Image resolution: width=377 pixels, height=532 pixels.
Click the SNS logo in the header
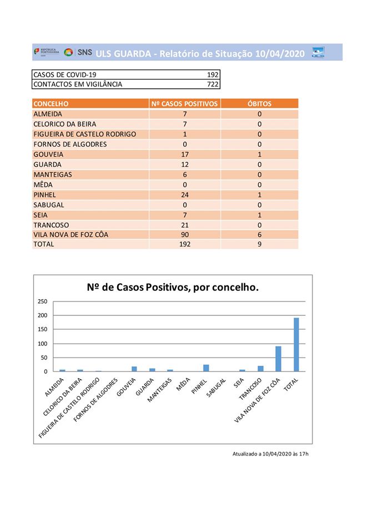(x=78, y=53)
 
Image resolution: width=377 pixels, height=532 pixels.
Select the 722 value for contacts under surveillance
(x=213, y=84)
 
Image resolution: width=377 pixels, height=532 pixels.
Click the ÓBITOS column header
(x=259, y=104)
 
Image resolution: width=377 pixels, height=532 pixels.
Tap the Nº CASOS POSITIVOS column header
(x=184, y=104)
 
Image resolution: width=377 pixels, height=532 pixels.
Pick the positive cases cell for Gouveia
(x=184, y=155)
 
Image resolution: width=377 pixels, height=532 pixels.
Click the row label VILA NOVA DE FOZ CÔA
(x=71, y=234)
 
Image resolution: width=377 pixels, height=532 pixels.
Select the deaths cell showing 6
(x=259, y=234)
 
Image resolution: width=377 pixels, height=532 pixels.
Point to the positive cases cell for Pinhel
(x=184, y=195)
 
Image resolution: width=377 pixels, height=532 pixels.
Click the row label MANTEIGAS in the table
(x=53, y=175)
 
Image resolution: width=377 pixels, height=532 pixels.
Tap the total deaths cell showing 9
(x=259, y=244)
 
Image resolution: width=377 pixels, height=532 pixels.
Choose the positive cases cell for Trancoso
(x=184, y=224)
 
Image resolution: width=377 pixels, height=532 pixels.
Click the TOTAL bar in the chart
(x=296, y=344)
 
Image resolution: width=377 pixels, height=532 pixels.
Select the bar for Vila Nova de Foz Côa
(x=278, y=359)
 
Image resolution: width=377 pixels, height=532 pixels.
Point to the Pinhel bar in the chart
(x=206, y=368)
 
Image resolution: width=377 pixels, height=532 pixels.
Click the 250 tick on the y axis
(x=43, y=301)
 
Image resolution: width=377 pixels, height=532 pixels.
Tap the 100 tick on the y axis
(x=43, y=344)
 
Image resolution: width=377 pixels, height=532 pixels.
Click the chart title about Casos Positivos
(x=173, y=288)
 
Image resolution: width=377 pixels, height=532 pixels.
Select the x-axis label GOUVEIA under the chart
(x=127, y=388)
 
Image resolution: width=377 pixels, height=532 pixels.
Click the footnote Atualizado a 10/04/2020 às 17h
(x=270, y=454)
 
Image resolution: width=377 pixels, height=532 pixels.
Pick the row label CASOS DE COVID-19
(x=65, y=75)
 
